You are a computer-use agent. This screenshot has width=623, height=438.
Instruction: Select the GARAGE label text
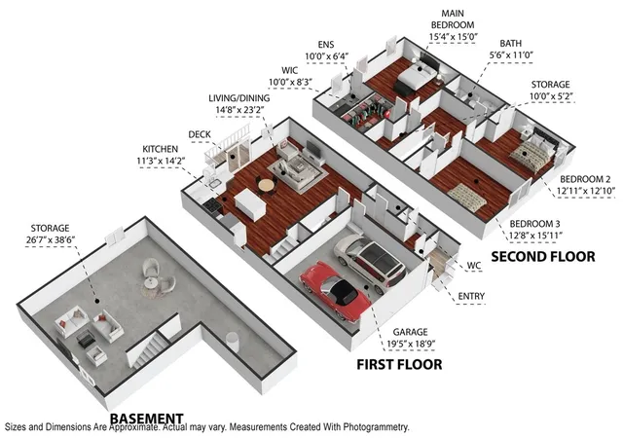pos(411,332)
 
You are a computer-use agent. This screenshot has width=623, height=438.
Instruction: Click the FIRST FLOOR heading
pos(399,364)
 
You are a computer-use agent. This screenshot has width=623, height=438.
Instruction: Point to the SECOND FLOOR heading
pos(543,256)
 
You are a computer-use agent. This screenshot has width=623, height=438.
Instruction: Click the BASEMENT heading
pos(146,419)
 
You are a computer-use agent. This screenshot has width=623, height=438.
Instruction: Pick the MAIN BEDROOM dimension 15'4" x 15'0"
pos(453,37)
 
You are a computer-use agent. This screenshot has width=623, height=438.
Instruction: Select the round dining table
pos(266,185)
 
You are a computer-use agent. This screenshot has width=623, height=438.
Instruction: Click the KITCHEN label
pos(160,149)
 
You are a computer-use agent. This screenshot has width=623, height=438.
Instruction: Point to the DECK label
pos(200,134)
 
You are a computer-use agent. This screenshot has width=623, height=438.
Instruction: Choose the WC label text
pos(474,266)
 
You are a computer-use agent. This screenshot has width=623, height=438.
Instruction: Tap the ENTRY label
pos(471,296)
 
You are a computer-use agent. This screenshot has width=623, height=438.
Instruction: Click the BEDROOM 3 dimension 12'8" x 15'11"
pos(535,236)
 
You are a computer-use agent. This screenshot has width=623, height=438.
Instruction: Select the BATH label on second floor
pos(510,43)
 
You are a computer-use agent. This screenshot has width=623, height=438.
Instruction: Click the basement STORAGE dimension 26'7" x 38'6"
pos(50,239)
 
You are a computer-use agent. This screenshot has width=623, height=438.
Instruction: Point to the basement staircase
pos(148,350)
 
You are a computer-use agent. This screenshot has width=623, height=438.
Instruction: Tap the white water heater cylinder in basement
pos(233,343)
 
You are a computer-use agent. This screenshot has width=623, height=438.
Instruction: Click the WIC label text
pos(290,70)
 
